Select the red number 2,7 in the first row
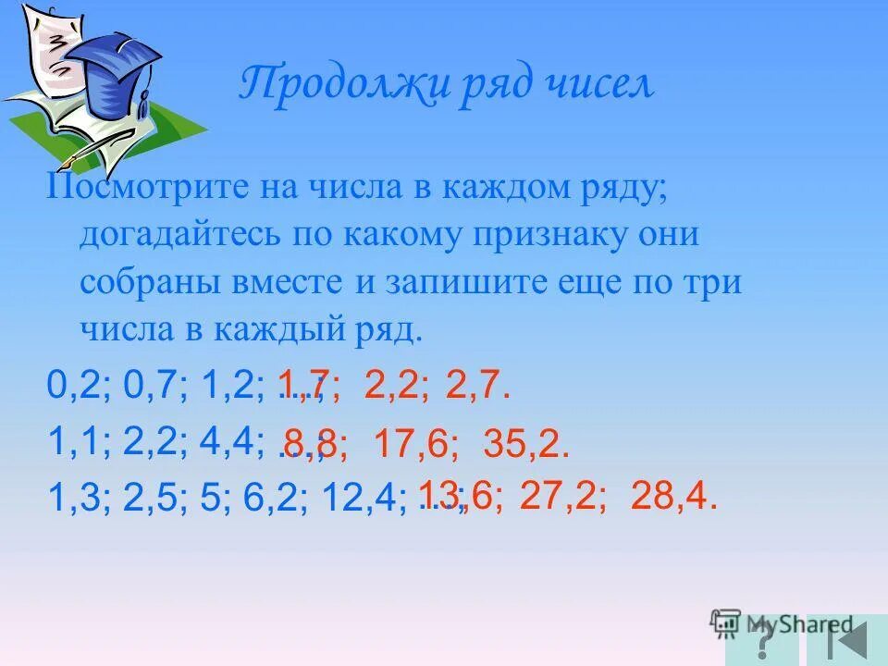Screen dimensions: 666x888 [475, 384]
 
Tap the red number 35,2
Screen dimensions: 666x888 [524, 445]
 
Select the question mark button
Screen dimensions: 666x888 [763, 640]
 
